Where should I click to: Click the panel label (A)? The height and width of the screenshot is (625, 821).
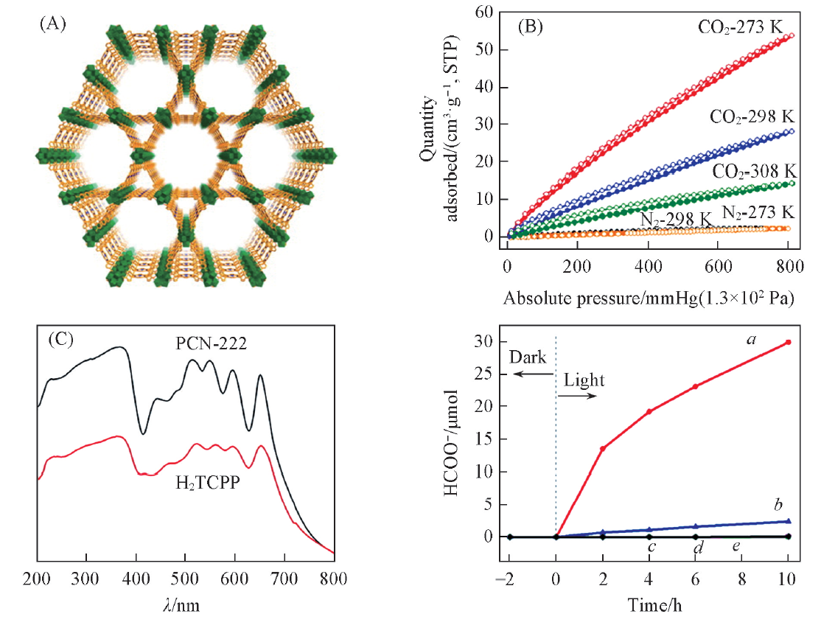coord(52,23)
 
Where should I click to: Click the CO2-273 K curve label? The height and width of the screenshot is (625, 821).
coord(746,27)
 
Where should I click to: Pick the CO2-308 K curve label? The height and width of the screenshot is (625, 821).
coord(753,170)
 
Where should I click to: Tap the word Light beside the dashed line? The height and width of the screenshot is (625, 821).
coord(584,381)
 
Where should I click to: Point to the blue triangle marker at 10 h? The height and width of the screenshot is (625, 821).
coord(789,521)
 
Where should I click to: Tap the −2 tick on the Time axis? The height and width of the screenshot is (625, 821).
coord(509,577)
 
